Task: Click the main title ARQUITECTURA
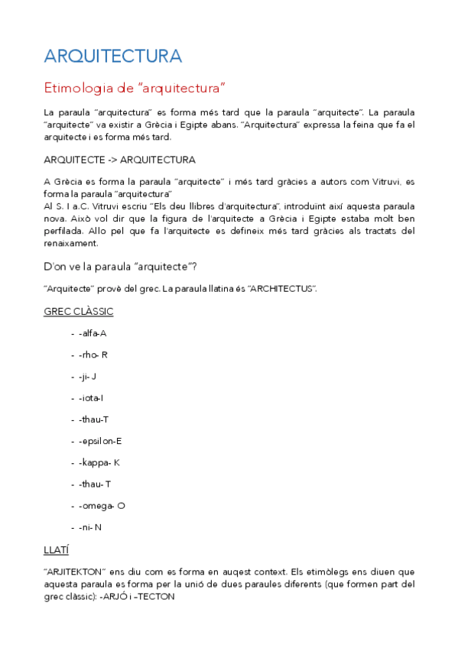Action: pos(113,56)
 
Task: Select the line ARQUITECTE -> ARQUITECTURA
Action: pos(119,160)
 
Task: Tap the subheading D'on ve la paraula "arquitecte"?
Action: pos(120,266)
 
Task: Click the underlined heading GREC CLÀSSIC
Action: pos(79,311)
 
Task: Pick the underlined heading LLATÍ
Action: pos(58,549)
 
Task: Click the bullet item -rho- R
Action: pos(93,355)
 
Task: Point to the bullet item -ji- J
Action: pos(87,376)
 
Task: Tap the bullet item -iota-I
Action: pos(91,397)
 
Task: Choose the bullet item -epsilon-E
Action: pos(100,441)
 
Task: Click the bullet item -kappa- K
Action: pos(99,462)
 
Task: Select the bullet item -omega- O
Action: pos(102,506)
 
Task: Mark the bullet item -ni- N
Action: pos(89,527)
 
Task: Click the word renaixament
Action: pos(72,244)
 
